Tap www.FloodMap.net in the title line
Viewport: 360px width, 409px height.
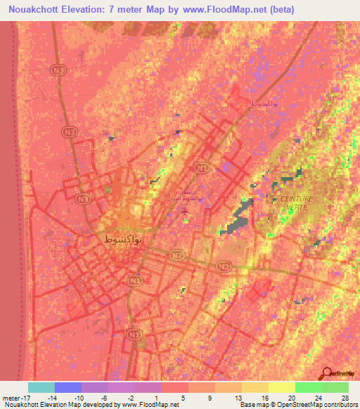point(228,9)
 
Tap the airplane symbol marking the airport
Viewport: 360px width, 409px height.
point(185,209)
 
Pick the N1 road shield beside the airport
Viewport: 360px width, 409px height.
point(202,169)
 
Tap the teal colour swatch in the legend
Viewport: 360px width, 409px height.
point(41,387)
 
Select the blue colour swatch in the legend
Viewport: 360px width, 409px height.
point(68,387)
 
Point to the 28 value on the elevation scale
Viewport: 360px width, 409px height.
point(344,398)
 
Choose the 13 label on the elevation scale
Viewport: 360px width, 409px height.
point(238,398)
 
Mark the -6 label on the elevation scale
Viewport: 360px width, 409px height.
point(103,398)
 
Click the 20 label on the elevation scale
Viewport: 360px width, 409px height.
point(291,398)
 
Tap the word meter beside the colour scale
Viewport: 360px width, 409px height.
point(10,398)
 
